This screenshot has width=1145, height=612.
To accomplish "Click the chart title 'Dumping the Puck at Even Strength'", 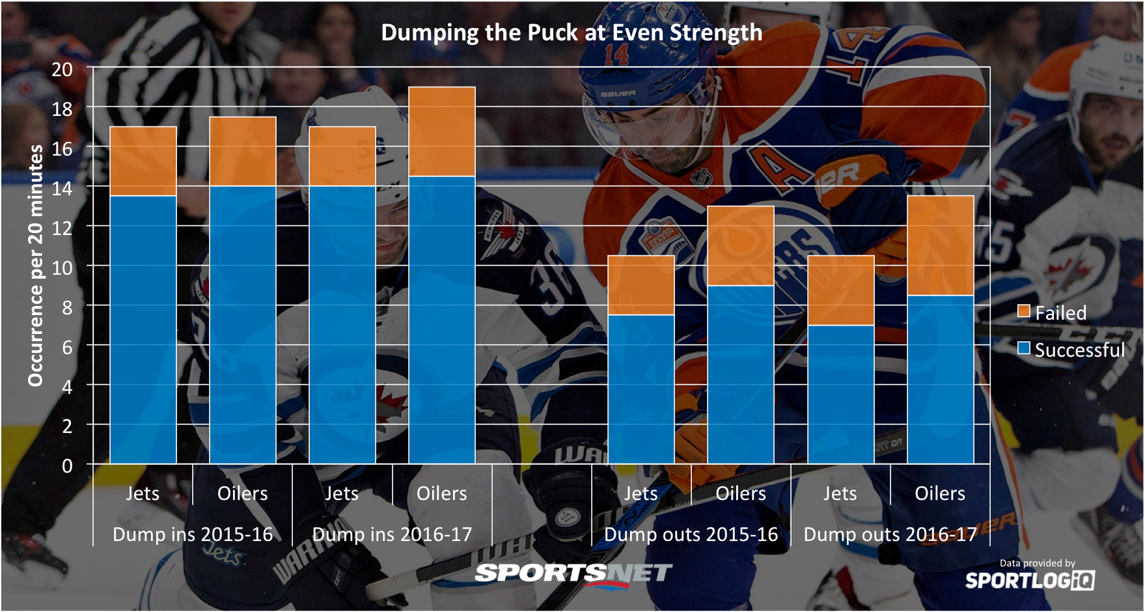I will point(572,33).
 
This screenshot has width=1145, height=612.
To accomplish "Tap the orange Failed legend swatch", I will point(1024,312).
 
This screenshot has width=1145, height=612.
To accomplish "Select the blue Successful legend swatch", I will point(1024,349).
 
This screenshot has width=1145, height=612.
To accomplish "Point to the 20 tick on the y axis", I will point(62,69).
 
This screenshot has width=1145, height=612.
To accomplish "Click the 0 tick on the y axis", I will point(67,466).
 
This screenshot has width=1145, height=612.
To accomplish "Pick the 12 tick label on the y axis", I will point(62,228).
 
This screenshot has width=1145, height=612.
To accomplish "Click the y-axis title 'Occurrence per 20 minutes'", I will point(35,266).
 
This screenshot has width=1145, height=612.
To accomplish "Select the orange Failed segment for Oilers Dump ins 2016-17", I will point(442,132).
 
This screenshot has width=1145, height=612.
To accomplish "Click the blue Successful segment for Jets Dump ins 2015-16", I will point(143,329).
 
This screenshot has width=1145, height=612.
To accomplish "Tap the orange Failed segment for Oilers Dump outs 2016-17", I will point(941,245).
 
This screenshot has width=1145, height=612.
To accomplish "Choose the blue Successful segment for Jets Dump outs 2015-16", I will point(641,389).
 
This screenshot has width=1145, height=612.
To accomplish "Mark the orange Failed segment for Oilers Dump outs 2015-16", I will point(741,246).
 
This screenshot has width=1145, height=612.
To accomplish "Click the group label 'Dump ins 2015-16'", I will point(193,535).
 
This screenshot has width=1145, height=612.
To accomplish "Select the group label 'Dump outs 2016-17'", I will point(890,535).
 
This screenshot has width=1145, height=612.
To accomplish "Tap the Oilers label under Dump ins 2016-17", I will point(442,494).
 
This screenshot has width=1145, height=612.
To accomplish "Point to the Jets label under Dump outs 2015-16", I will point(641,494).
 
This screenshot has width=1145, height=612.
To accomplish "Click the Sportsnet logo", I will point(573,574).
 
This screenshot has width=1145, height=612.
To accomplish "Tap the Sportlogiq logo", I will point(1030,580).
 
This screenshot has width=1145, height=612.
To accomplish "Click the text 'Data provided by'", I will point(1038,563).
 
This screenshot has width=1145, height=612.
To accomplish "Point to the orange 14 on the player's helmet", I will point(616,55).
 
